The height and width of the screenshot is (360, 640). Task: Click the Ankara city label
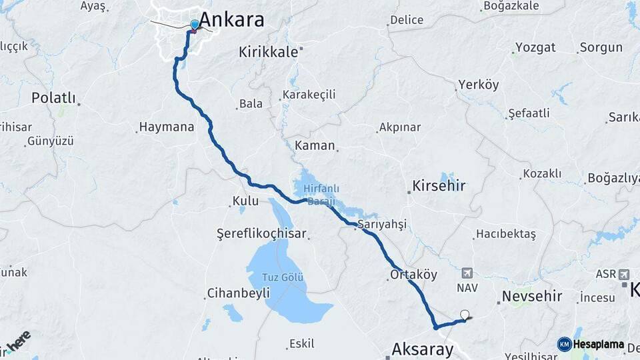[231, 19]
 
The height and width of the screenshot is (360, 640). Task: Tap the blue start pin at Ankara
[194, 25]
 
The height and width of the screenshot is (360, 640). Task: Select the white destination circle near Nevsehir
[465, 315]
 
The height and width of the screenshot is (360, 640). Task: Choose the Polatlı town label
[53, 98]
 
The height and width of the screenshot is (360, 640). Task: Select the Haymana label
[167, 127]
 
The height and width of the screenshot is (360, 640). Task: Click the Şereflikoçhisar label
[261, 233]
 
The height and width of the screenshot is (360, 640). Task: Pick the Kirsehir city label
[439, 185]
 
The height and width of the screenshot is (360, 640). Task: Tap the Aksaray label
[423, 349]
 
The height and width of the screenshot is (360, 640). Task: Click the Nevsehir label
[532, 295]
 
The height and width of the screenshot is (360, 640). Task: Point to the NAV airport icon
[467, 273]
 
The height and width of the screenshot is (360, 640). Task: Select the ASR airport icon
[623, 274]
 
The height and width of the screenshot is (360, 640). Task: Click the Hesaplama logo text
[599, 345]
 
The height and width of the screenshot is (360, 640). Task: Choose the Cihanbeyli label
[239, 293]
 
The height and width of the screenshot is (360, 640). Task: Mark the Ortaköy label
[413, 274]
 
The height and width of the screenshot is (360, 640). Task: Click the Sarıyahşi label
[382, 224]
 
